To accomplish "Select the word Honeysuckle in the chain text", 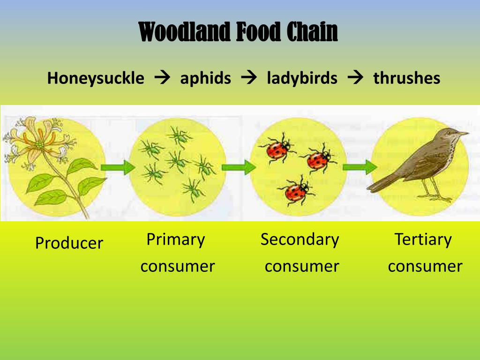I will coord(96,78).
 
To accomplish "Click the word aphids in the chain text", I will coord(205,78).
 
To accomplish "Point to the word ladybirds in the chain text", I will coord(302,78).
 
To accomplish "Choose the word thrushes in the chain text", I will coord(406,78).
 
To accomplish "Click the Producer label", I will coord(69,243).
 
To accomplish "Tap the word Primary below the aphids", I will coord(175,239).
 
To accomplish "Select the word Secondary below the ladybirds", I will coord(300,239).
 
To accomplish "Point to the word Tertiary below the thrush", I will coord(423,239).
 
